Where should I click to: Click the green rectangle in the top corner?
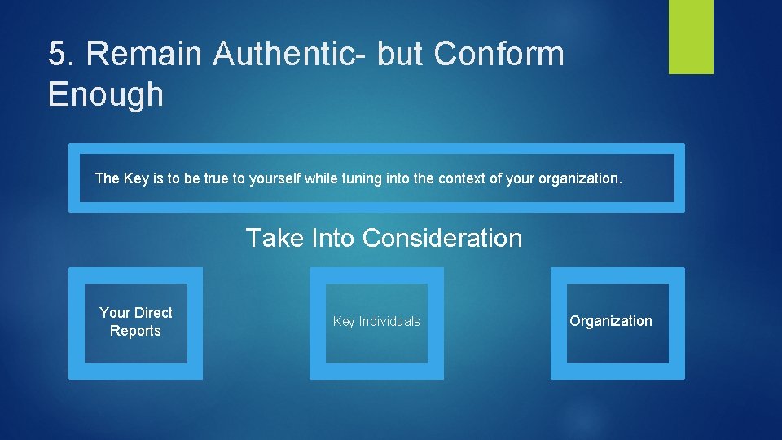coord(691,37)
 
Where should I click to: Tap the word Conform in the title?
coord(499,55)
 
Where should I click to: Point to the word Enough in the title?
coord(105,95)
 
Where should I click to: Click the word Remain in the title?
coord(143,55)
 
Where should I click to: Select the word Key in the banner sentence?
coord(136,178)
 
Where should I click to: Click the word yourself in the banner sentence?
coord(273,178)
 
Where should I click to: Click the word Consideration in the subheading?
coord(442,238)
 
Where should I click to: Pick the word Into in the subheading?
coord(334,238)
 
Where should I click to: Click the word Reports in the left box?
coord(135,331)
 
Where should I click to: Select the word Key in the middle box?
coord(345,322)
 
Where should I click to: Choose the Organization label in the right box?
coord(610,321)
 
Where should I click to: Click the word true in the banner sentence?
coord(216,178)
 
